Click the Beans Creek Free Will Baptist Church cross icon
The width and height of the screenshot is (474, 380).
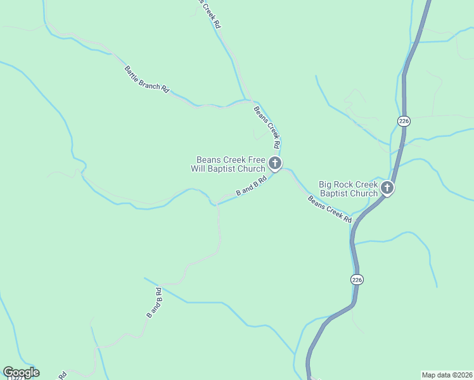coord(275,164)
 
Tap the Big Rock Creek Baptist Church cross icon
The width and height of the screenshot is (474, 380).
coord(387,188)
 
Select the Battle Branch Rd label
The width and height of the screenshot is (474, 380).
coord(147,80)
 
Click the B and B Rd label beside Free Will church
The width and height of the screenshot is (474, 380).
coord(251,187)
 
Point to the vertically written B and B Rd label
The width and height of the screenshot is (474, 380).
coord(155,303)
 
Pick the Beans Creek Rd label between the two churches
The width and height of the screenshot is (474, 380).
coord(330,209)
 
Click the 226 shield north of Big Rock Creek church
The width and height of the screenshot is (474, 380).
coord(404,120)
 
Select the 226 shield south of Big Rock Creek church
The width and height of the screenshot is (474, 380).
coord(357,279)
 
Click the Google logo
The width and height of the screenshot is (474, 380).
coord(21,372)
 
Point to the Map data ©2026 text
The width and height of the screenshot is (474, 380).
coord(447,374)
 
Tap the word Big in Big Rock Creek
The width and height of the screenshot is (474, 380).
coord(326,184)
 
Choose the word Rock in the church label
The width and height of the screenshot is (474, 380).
coord(345,184)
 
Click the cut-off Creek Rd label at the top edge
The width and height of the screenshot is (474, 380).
coord(210,13)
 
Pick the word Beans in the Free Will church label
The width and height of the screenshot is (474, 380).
coord(208,160)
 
